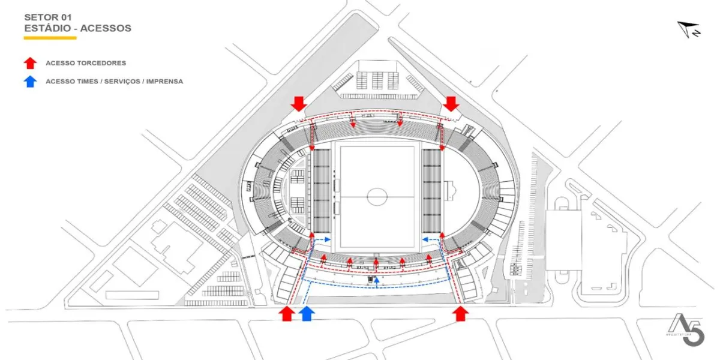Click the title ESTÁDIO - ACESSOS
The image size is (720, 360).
coord(77,28)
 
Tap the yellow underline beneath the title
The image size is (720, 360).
coord(50,38)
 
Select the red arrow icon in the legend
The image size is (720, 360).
coord(31,63)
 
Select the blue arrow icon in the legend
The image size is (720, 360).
coord(31,82)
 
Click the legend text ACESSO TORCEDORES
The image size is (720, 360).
coord(86,63)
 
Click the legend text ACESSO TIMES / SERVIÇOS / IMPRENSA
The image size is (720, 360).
coord(114,82)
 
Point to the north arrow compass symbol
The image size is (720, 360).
coord(689,29)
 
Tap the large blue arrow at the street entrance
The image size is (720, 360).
coord(307,313)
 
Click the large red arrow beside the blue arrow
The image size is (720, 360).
coord(287,313)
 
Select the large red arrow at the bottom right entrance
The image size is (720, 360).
coord(460,313)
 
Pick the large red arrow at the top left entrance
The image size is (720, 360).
coord(298,104)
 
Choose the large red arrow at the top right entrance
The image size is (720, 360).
coord(451,104)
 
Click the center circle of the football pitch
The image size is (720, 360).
coord(377,196)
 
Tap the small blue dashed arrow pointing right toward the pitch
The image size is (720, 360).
coord(323,239)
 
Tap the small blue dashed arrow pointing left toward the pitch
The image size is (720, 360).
coord(429,239)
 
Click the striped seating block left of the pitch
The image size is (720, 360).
coord(322,190)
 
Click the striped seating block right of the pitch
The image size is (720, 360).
coord(432,190)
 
